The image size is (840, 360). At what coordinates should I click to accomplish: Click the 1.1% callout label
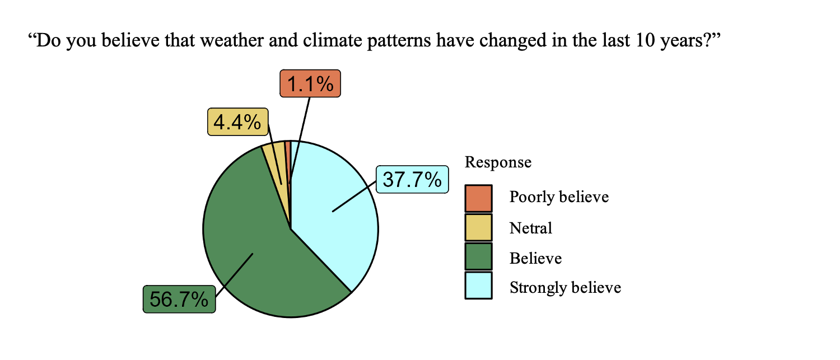[x=310, y=83]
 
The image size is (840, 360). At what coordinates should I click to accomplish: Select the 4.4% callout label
[x=238, y=122]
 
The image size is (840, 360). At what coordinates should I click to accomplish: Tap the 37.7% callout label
[x=412, y=179]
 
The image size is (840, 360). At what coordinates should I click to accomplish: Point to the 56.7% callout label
[x=179, y=299]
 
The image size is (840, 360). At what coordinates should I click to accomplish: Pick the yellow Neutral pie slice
[x=278, y=165]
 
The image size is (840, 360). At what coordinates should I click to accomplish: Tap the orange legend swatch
[x=478, y=198]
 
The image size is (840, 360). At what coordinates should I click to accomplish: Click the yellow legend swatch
[x=478, y=227]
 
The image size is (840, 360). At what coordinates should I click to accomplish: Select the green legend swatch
[x=478, y=256]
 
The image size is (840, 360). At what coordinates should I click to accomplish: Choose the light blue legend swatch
[x=478, y=286]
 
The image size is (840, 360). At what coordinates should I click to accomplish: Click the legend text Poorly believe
[x=559, y=197]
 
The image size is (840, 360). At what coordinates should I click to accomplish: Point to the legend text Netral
[x=531, y=228]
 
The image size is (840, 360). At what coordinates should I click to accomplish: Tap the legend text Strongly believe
[x=565, y=288]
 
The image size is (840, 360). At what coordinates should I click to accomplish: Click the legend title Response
[x=498, y=162]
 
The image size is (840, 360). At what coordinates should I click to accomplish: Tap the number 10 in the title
[x=645, y=40]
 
